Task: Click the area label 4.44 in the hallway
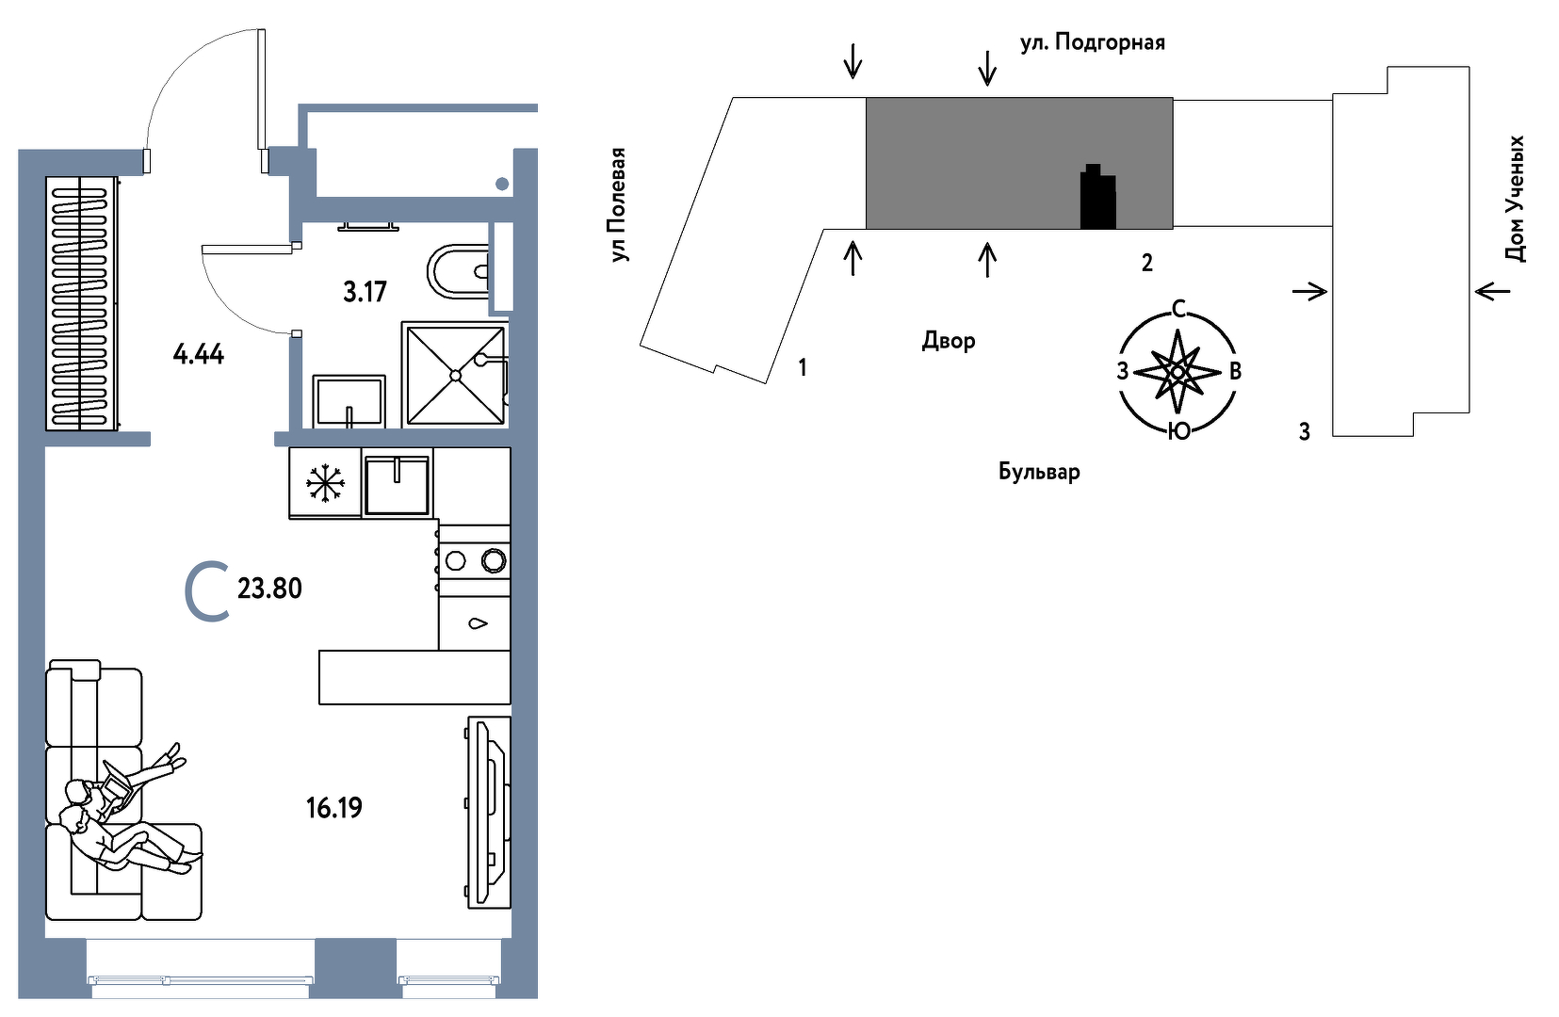click(x=199, y=355)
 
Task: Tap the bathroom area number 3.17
click(x=365, y=292)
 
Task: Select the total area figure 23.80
click(x=269, y=589)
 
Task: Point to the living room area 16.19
click(x=334, y=808)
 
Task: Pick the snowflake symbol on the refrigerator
click(x=325, y=483)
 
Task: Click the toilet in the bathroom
click(x=460, y=271)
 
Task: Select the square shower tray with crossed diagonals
click(x=455, y=375)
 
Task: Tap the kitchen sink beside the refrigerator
click(x=397, y=484)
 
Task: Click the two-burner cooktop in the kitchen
click(x=474, y=560)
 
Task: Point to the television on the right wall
click(x=489, y=812)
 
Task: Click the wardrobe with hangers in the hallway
click(x=81, y=303)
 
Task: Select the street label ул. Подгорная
click(x=1092, y=42)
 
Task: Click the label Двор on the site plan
click(x=948, y=341)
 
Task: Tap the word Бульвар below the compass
click(x=1039, y=472)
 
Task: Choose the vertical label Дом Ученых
click(x=1515, y=199)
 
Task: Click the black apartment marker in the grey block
click(x=1098, y=197)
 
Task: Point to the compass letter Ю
click(x=1178, y=431)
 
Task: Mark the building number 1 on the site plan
click(x=803, y=367)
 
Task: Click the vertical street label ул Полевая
click(x=619, y=204)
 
